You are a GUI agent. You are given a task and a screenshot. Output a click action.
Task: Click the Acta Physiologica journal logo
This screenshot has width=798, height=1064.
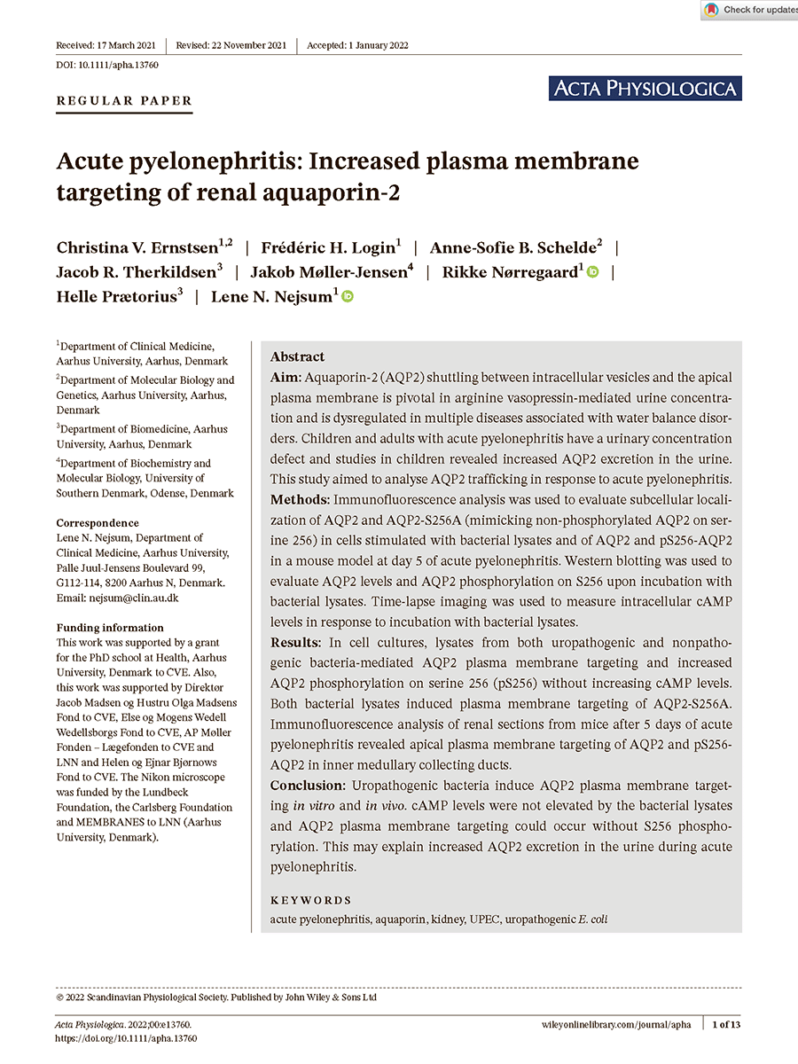click(x=645, y=88)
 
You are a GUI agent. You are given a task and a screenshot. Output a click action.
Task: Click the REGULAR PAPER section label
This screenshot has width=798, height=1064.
click(x=124, y=101)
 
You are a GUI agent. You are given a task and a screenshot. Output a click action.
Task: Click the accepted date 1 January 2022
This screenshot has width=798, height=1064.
click(x=357, y=45)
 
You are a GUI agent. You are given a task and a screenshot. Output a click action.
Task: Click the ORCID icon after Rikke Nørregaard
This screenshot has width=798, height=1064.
click(x=592, y=272)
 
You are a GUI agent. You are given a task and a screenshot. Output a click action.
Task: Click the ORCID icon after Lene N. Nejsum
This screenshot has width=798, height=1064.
click(x=348, y=297)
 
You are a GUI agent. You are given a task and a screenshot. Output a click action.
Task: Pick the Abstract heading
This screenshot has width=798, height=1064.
click(x=297, y=356)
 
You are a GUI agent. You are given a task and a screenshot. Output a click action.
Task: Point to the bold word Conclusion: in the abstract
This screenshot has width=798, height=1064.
click(x=308, y=786)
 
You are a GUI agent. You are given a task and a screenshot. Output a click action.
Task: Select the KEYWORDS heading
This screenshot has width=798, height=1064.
click(x=310, y=900)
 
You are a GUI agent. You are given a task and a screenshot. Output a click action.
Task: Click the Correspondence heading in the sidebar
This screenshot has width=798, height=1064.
click(x=98, y=523)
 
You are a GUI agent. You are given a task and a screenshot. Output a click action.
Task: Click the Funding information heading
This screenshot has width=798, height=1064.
click(x=109, y=628)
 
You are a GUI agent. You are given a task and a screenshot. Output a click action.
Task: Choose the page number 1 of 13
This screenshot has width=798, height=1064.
click(x=727, y=1024)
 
